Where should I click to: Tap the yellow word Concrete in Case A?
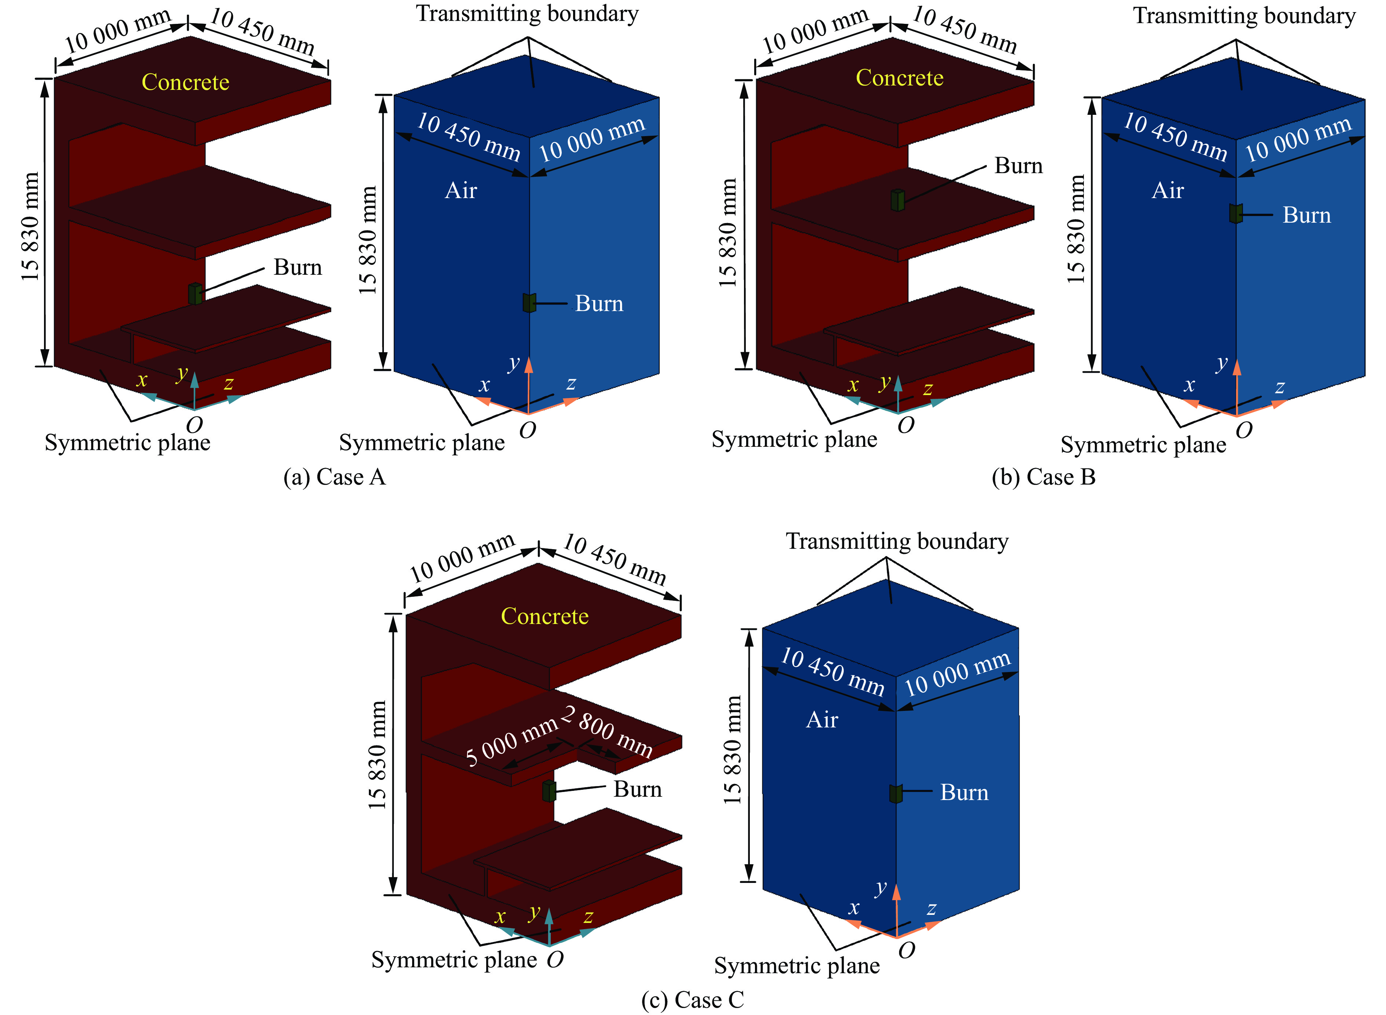click(x=186, y=82)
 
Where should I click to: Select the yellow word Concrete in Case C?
click(x=545, y=616)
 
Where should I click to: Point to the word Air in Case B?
click(x=1167, y=190)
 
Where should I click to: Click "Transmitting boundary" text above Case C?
click(x=897, y=541)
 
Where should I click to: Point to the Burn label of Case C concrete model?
click(x=637, y=789)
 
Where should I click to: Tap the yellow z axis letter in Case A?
click(x=228, y=384)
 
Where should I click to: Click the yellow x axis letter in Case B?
click(x=853, y=385)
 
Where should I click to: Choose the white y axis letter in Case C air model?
click(x=881, y=887)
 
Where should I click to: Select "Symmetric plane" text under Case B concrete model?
click(x=794, y=440)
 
